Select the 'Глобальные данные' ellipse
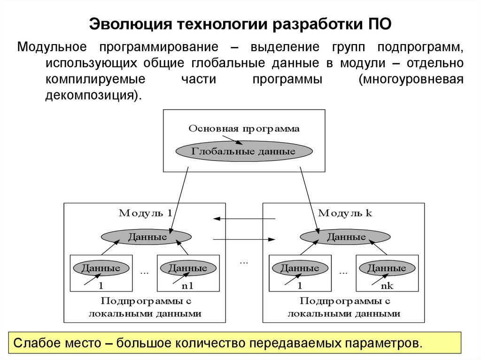pos(244,152)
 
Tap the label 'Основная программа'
pos(244,129)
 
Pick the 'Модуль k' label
pos(345,214)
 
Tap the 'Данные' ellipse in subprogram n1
pos(187,268)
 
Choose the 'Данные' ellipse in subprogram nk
pos(387,268)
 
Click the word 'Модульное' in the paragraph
pos(51,47)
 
